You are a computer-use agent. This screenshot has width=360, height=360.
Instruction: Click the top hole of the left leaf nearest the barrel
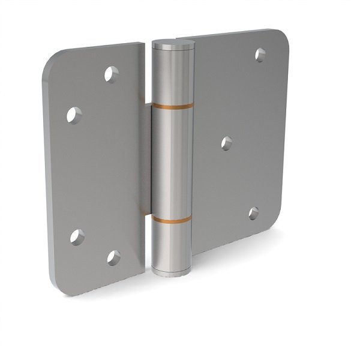[x=111, y=74]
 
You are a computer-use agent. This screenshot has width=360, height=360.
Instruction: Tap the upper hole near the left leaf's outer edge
[x=74, y=114]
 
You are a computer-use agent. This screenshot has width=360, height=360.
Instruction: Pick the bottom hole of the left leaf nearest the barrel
[x=113, y=257]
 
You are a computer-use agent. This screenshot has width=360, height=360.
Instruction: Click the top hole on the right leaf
[x=260, y=55]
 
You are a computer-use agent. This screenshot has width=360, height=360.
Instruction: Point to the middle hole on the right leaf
[x=226, y=143]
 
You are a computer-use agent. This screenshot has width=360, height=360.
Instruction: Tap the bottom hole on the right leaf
[x=254, y=213]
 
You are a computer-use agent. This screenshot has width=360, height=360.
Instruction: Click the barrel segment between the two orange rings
[x=172, y=162]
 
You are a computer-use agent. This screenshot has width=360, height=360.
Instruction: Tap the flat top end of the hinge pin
[x=173, y=44]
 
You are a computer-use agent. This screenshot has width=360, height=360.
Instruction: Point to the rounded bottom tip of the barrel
[x=170, y=274]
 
